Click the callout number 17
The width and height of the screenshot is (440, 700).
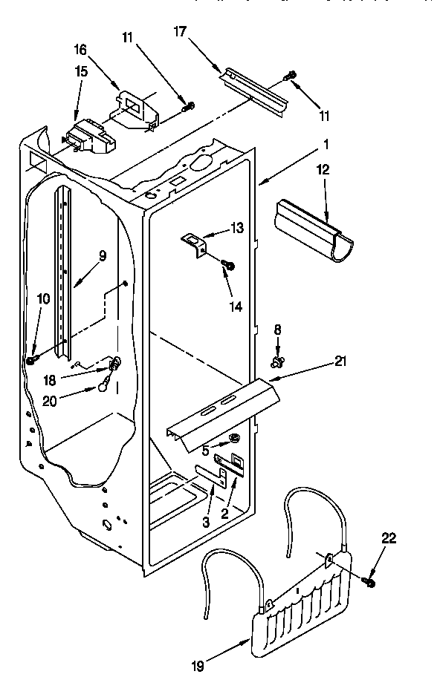[x=181, y=32]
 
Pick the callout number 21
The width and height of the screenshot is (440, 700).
[x=340, y=362]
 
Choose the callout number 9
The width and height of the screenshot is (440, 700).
[x=103, y=255]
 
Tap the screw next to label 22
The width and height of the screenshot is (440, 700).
[x=369, y=582]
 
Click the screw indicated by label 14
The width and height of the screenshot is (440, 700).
[x=229, y=264]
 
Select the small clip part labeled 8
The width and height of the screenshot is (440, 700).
[x=278, y=362]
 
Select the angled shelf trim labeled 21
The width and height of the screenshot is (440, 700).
[x=223, y=411]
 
